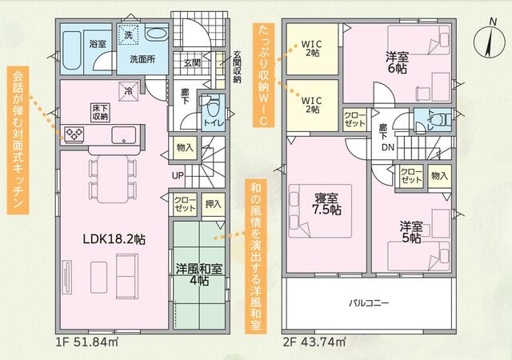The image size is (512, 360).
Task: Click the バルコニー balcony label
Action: (368, 303)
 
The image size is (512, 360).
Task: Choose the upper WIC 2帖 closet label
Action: (312, 47)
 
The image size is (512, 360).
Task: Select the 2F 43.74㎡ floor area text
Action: (314, 342)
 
